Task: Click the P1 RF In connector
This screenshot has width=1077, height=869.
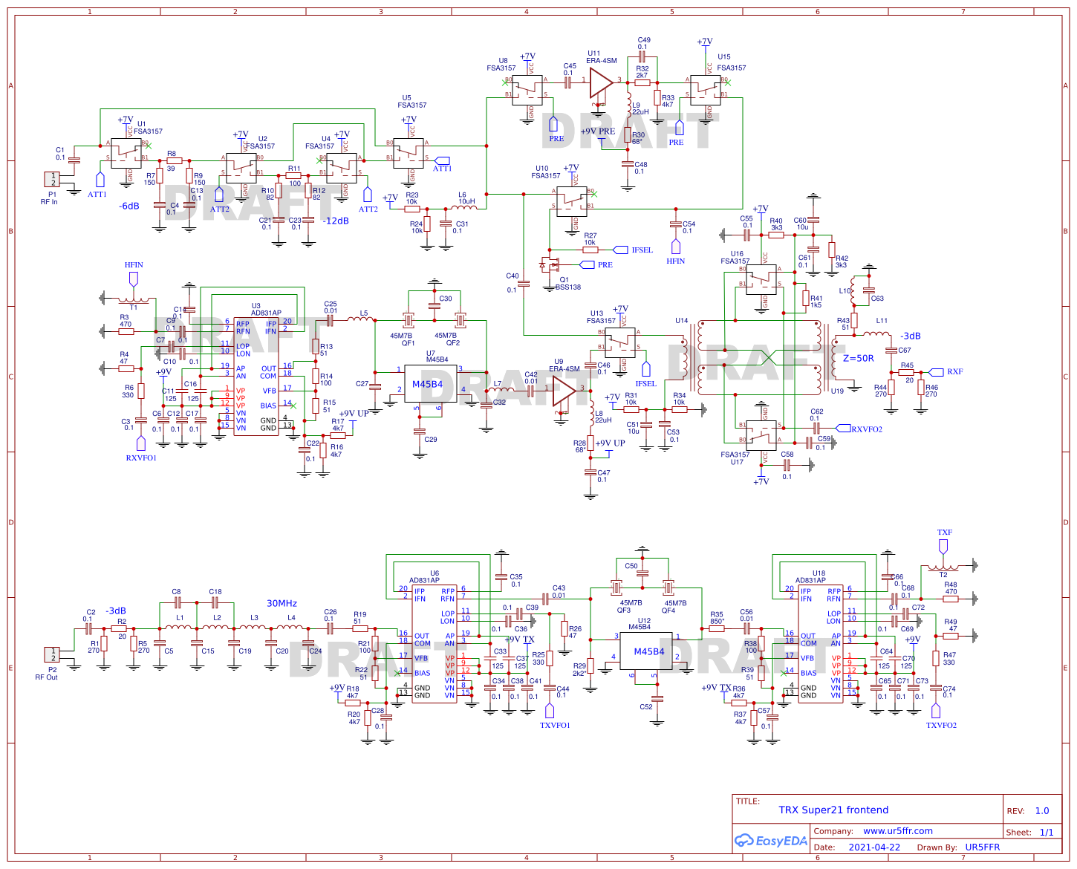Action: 53,180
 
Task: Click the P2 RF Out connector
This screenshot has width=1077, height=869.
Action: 53,654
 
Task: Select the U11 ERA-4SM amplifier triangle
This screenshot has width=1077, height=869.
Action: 600,82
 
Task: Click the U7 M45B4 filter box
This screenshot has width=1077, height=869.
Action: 431,384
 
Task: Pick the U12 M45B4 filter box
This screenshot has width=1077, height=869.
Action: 648,651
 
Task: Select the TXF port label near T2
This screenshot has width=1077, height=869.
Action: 944,533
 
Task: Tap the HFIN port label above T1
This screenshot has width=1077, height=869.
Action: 134,265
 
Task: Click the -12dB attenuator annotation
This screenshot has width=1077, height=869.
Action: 336,221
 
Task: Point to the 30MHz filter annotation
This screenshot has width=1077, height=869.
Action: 282,603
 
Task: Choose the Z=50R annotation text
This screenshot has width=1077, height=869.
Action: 858,358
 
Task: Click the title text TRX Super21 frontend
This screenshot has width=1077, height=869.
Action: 833,810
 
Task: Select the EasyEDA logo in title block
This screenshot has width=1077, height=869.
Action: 770,841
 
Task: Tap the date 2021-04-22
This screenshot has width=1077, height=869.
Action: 873,847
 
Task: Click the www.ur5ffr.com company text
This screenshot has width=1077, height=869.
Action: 897,831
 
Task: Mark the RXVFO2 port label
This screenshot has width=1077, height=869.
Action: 866,429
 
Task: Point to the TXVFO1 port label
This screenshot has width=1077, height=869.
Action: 554,726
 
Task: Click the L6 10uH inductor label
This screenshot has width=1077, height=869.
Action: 466,198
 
